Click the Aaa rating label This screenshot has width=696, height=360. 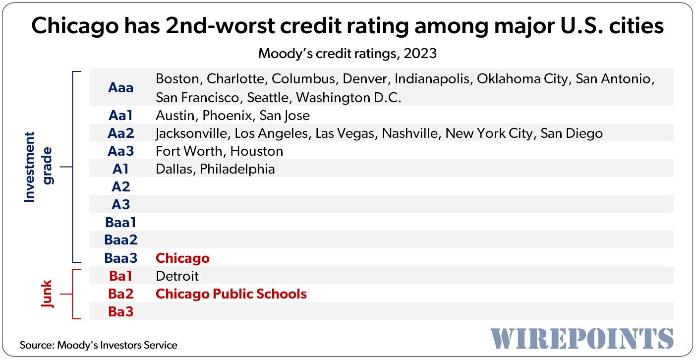(x=121, y=88)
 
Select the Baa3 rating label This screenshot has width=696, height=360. (x=121, y=258)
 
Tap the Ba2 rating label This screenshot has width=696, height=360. (x=121, y=294)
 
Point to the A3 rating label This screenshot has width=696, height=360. (x=121, y=204)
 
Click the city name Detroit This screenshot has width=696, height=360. (x=177, y=276)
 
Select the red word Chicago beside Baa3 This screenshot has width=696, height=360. (x=182, y=258)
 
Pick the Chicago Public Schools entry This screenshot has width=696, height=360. (x=231, y=294)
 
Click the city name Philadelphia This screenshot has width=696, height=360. (x=237, y=169)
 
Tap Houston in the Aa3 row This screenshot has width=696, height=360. (x=257, y=151)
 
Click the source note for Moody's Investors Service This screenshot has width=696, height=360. (x=98, y=345)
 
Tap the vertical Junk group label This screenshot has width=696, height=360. (x=47, y=293)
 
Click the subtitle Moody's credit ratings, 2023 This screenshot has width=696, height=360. (x=348, y=53)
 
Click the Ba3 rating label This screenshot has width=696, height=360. (x=121, y=311)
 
